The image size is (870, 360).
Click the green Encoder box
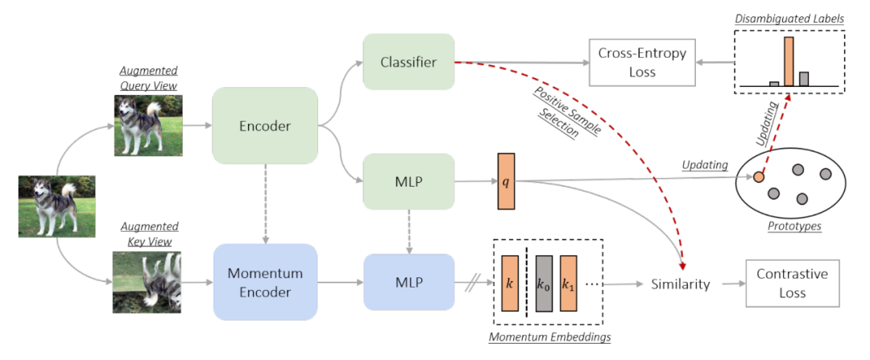[x=265, y=126]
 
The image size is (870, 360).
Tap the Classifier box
[x=408, y=61]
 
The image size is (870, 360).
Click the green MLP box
[x=408, y=182]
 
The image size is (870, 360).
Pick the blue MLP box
[x=408, y=283]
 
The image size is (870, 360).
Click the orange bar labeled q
[x=506, y=181]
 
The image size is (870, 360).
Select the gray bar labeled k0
[x=544, y=283]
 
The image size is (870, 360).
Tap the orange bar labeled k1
[x=570, y=283]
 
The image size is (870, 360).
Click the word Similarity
[x=681, y=284]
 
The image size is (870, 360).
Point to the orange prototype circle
[x=758, y=177]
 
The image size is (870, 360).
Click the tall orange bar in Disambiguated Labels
[x=789, y=60]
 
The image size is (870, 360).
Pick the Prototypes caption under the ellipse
[x=794, y=226]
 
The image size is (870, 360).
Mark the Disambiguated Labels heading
[x=789, y=18]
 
